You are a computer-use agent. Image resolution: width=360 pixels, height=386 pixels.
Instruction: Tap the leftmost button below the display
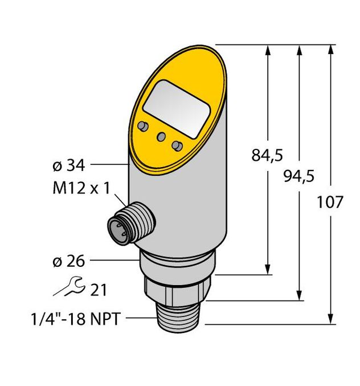click(142, 125)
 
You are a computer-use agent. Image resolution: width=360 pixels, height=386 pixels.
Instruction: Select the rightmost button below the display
click(178, 146)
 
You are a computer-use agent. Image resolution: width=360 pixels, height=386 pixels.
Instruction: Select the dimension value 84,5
click(267, 155)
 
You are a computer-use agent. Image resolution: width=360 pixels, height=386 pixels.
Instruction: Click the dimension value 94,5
click(298, 176)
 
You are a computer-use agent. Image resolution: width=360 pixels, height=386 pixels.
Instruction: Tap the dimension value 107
click(330, 202)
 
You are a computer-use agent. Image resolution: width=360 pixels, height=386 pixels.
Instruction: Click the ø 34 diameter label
click(68, 166)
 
